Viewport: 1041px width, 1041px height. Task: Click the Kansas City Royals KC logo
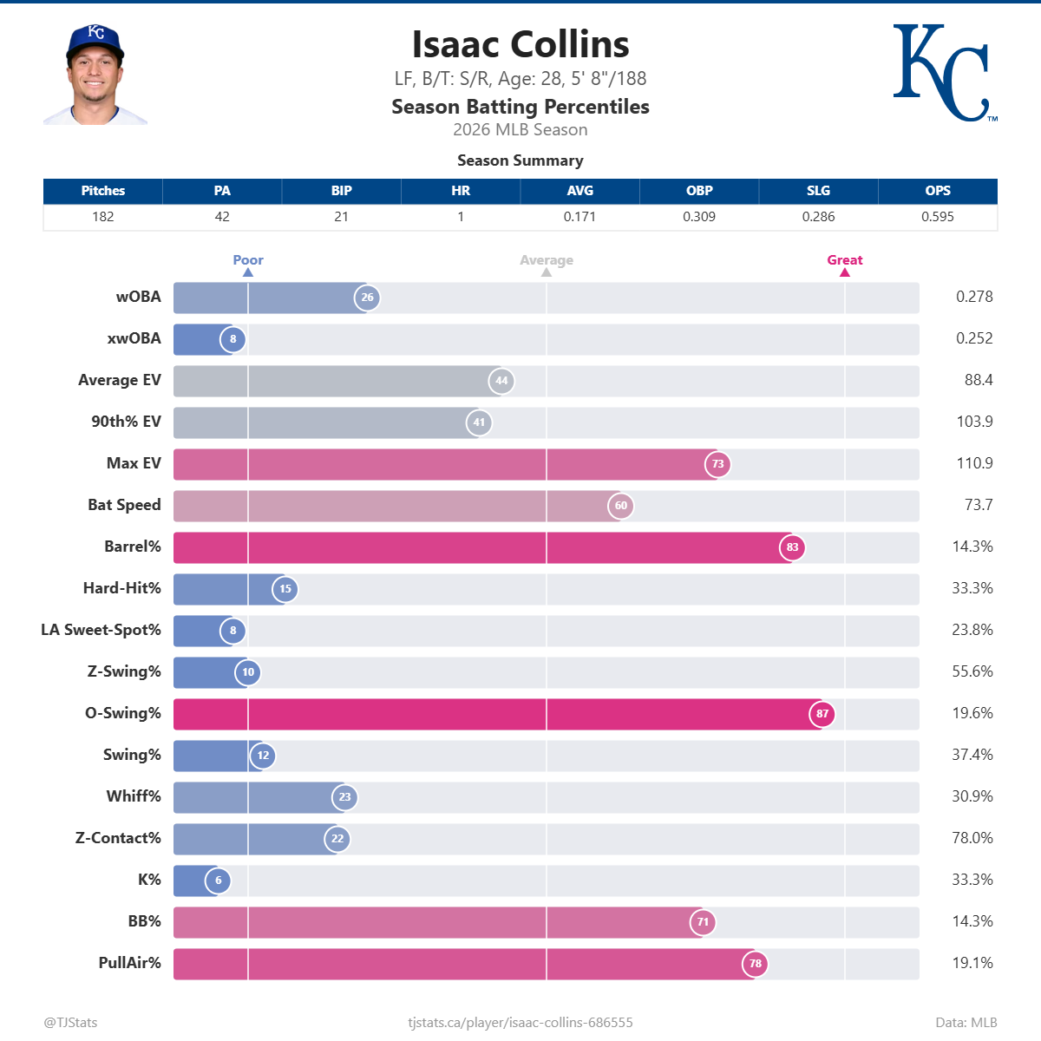(944, 73)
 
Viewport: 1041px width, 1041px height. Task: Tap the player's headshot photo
(95, 75)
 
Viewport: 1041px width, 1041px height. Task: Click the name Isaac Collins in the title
(520, 45)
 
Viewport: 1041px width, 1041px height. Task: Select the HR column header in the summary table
(461, 191)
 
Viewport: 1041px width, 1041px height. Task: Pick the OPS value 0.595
(938, 217)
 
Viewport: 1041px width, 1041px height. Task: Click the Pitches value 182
(103, 217)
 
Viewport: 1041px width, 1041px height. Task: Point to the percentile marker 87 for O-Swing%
(822, 714)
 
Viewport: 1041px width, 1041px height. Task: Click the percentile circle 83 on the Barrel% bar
(792, 547)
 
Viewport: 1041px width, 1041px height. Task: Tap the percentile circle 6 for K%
(219, 881)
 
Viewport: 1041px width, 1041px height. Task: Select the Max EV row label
(134, 463)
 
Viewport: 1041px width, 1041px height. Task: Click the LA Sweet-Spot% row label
(101, 630)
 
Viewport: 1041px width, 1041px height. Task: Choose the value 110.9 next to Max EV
(974, 463)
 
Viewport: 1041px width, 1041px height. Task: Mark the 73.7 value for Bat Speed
(979, 505)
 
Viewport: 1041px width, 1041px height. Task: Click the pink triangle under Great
(845, 272)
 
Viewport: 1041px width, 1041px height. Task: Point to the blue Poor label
(248, 260)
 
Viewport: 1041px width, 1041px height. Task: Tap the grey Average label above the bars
(547, 260)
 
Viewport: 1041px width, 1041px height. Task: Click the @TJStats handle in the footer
(71, 1023)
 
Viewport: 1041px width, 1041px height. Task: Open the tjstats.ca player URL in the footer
(520, 1023)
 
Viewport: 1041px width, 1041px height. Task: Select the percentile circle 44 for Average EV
(501, 381)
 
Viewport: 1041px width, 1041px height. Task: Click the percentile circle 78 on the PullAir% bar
(756, 964)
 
